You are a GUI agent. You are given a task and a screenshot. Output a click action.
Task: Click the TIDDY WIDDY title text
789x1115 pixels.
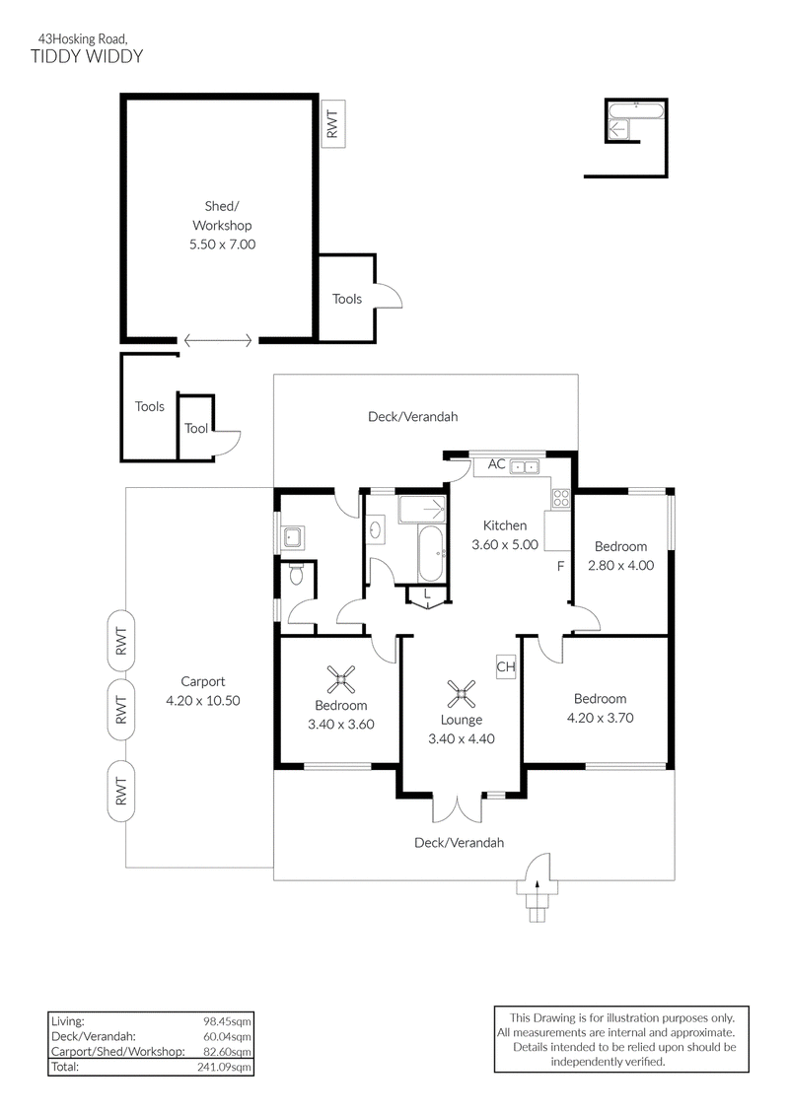[x=87, y=57]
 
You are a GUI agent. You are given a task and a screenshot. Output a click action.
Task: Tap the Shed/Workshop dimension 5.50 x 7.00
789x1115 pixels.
[x=222, y=244]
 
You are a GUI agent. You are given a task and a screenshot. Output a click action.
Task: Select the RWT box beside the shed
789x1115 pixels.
[x=333, y=124]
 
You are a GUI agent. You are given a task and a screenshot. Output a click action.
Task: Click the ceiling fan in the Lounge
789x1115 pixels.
[x=461, y=694]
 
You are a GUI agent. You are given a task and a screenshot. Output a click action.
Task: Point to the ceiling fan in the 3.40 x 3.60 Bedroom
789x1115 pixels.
[x=341, y=680]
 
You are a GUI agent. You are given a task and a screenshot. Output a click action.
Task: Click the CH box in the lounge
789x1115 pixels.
[x=506, y=667]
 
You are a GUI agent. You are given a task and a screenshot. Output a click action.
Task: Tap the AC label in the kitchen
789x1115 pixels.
[x=497, y=464]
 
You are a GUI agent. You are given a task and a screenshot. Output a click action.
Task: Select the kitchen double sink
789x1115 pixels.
[x=526, y=466]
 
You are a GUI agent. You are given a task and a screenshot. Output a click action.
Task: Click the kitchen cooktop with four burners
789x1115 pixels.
[x=561, y=498]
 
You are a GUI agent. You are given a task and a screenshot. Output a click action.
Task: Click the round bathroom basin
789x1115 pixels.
[x=375, y=528]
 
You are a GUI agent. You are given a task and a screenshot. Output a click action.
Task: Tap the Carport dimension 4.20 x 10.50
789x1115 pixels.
[x=203, y=701]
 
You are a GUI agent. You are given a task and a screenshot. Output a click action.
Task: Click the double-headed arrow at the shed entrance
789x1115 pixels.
[x=218, y=341]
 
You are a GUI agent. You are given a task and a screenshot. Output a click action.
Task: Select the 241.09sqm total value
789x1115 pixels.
[x=224, y=1068]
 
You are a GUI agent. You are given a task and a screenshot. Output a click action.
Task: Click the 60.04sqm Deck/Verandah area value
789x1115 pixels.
[x=227, y=1037]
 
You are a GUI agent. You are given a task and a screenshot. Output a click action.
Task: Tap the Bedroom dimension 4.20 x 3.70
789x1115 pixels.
[x=601, y=719]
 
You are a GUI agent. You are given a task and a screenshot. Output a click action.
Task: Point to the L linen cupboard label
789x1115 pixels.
[x=427, y=593]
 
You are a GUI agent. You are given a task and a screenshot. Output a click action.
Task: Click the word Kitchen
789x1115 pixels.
[x=505, y=526]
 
